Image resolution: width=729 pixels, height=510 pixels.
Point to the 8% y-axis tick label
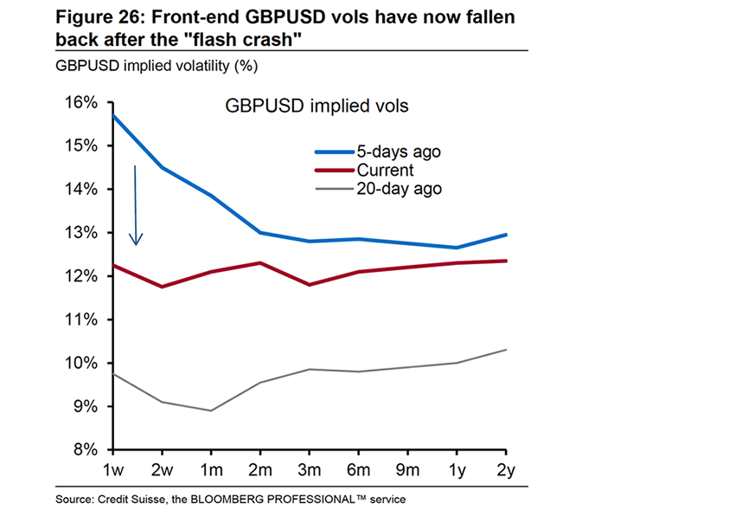tap(82, 449)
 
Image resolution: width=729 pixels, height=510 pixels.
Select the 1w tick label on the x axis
tap(112, 469)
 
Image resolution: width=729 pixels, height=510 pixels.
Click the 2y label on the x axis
tap(506, 469)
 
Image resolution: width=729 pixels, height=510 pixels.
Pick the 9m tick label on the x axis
tap(407, 469)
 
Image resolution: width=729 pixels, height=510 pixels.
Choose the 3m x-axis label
tap(310, 469)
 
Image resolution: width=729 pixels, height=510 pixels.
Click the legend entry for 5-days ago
tap(398, 152)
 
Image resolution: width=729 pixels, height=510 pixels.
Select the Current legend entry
tap(385, 170)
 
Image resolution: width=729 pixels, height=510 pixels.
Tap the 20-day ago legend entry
tap(399, 188)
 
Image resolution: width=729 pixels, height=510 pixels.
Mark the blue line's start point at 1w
tap(112, 115)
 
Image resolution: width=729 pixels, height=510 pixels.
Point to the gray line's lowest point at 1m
tap(211, 410)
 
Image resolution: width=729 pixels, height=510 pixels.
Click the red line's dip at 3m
tap(310, 284)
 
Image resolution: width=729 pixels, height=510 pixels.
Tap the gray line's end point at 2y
tap(506, 350)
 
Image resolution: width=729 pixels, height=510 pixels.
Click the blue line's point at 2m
tap(260, 232)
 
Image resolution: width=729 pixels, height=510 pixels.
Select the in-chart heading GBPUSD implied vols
tap(317, 106)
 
